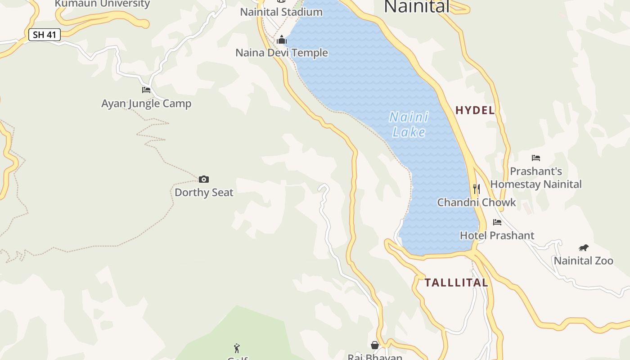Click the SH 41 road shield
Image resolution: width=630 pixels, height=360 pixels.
[x=45, y=35]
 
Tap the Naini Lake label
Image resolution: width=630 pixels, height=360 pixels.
[x=409, y=125]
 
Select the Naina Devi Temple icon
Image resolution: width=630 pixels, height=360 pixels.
[x=282, y=40]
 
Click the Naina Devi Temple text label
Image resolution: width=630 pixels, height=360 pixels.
[x=282, y=53]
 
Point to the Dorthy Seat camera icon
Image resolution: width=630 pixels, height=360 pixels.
[x=204, y=180]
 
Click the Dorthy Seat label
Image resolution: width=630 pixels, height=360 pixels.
[x=204, y=193]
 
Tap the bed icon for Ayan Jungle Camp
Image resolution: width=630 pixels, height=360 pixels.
[x=146, y=90]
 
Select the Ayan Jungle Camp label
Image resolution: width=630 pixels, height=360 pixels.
[x=146, y=103]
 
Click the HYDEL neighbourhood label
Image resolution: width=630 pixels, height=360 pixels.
[x=475, y=110]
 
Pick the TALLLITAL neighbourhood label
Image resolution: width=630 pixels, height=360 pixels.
[x=456, y=283]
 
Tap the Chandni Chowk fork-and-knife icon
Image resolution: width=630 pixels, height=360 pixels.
[x=477, y=189]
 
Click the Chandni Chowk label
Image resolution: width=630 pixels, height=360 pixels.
[x=477, y=202]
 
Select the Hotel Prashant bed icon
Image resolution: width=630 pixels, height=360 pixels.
[x=497, y=222]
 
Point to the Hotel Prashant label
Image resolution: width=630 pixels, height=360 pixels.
[x=497, y=235]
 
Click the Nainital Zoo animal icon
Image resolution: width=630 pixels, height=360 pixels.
[x=584, y=248]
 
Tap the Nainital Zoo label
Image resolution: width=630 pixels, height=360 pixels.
[x=584, y=261]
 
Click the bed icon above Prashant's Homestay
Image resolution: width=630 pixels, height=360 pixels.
[x=536, y=158]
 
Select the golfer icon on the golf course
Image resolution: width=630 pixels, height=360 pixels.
[x=237, y=348]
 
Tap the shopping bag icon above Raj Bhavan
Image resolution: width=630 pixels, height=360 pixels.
[x=375, y=345]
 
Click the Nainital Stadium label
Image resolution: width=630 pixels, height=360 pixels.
[x=281, y=12]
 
